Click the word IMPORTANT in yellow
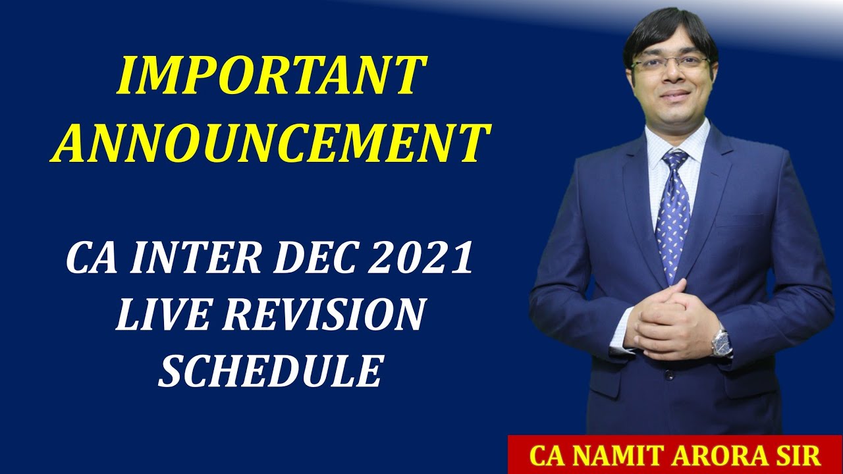point(271,76)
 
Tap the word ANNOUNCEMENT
point(271,143)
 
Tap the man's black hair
point(668,30)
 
